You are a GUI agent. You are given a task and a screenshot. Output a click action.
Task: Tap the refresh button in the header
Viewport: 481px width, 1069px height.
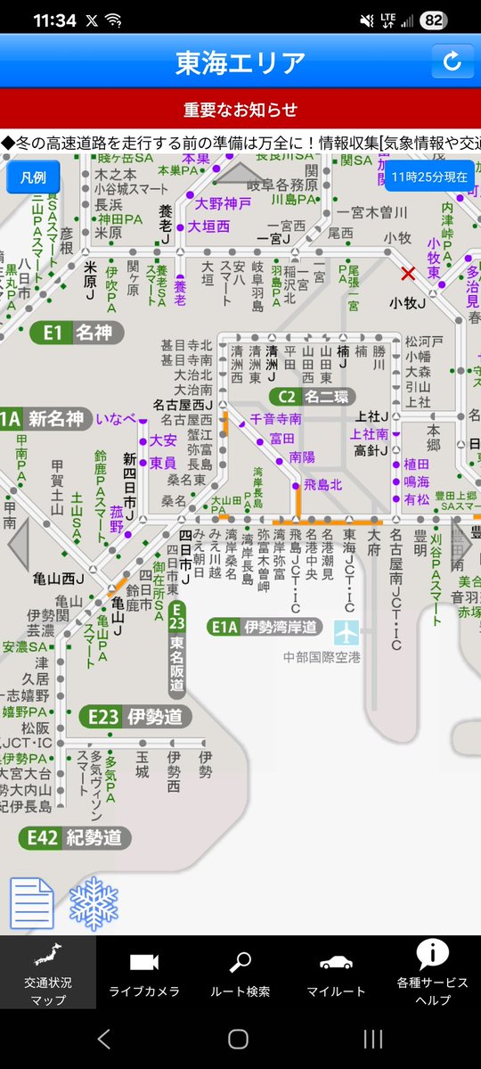(x=452, y=62)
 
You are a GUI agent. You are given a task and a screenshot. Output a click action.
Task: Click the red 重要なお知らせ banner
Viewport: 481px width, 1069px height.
(x=240, y=111)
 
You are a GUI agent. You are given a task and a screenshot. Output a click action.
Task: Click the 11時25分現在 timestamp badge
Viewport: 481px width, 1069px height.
(x=429, y=177)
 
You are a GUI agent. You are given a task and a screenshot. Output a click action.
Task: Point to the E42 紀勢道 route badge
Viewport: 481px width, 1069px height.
(x=75, y=837)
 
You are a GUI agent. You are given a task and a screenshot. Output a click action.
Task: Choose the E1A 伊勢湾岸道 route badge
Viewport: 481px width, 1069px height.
(x=264, y=627)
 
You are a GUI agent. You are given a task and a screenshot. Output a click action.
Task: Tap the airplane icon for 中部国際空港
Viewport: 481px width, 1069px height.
(x=346, y=632)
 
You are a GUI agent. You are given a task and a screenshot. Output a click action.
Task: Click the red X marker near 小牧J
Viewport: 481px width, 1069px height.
(x=408, y=273)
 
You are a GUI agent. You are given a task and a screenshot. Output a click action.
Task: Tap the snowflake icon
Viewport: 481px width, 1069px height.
(x=94, y=903)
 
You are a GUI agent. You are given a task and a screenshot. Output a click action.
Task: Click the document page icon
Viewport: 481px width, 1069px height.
(x=32, y=903)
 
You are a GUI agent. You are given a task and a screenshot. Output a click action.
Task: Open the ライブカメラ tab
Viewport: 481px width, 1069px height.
(x=144, y=973)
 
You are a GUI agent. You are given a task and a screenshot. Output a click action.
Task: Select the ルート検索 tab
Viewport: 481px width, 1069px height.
(x=240, y=973)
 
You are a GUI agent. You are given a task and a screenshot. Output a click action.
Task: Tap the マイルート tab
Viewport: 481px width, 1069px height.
(x=336, y=973)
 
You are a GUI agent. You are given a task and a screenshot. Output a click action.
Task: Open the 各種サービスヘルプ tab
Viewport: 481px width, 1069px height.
(x=432, y=973)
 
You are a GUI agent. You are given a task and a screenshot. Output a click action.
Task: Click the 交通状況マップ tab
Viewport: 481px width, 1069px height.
(x=48, y=973)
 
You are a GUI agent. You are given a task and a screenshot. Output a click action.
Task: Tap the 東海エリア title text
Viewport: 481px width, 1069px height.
(x=240, y=62)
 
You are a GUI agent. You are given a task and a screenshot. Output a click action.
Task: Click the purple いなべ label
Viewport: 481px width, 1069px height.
(x=116, y=418)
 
